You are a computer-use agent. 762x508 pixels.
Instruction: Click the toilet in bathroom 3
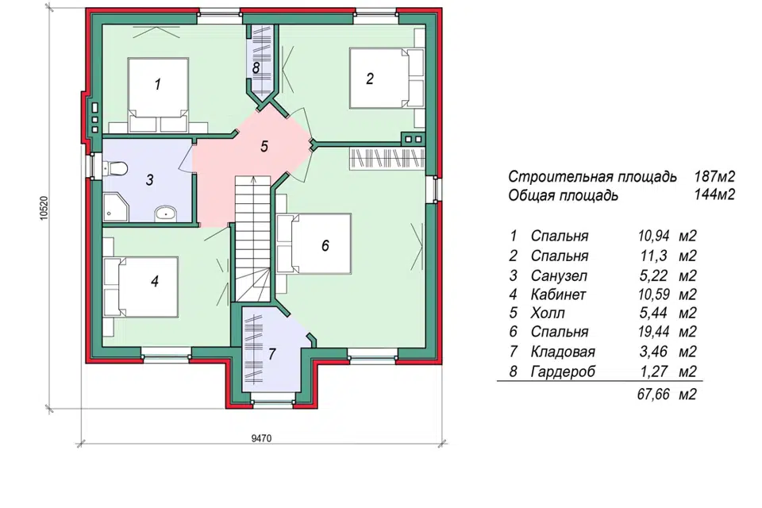[115, 169]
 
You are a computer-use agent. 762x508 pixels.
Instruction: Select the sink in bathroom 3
[166, 214]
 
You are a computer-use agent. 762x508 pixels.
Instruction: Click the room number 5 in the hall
[264, 146]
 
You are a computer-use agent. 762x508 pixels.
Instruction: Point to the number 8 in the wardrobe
[256, 67]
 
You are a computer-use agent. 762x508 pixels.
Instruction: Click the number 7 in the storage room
[271, 354]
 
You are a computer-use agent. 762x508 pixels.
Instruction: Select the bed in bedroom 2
[387, 78]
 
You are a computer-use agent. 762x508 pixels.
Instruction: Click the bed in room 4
[140, 287]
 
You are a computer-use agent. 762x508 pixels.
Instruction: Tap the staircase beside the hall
[252, 239]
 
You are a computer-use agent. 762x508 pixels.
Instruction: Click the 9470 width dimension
[261, 438]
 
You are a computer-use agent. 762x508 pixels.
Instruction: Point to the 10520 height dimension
[44, 208]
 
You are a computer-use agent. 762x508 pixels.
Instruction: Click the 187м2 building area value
[714, 176]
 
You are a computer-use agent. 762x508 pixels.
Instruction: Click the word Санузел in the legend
[559, 275]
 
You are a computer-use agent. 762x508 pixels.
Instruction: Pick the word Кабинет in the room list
[558, 294]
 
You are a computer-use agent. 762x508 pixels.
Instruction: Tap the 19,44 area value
[653, 332]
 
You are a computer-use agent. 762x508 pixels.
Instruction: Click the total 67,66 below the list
[653, 394]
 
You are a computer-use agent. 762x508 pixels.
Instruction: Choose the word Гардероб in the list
[563, 372]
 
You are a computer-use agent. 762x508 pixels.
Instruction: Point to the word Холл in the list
[548, 313]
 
